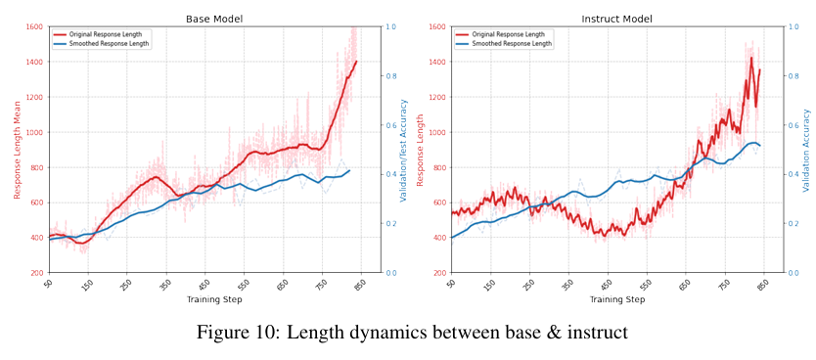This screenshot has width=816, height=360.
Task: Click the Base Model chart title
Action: point(214,20)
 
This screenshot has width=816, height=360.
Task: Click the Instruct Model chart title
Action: point(616,20)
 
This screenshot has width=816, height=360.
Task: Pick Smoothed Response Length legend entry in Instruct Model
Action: point(504,44)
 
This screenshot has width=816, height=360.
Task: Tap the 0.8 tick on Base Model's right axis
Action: point(390,76)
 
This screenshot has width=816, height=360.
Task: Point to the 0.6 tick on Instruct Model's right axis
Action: point(793,125)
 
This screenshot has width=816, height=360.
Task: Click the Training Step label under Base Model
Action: point(214,300)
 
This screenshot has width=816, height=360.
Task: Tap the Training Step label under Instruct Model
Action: point(616,300)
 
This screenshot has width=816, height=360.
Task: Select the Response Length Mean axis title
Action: point(18,150)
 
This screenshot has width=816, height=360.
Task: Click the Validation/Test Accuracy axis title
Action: point(404,151)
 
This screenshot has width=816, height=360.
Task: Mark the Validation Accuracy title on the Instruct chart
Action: point(807,150)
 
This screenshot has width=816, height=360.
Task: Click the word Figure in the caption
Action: point(222,332)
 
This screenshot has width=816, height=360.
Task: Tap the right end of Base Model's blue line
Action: point(349,170)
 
